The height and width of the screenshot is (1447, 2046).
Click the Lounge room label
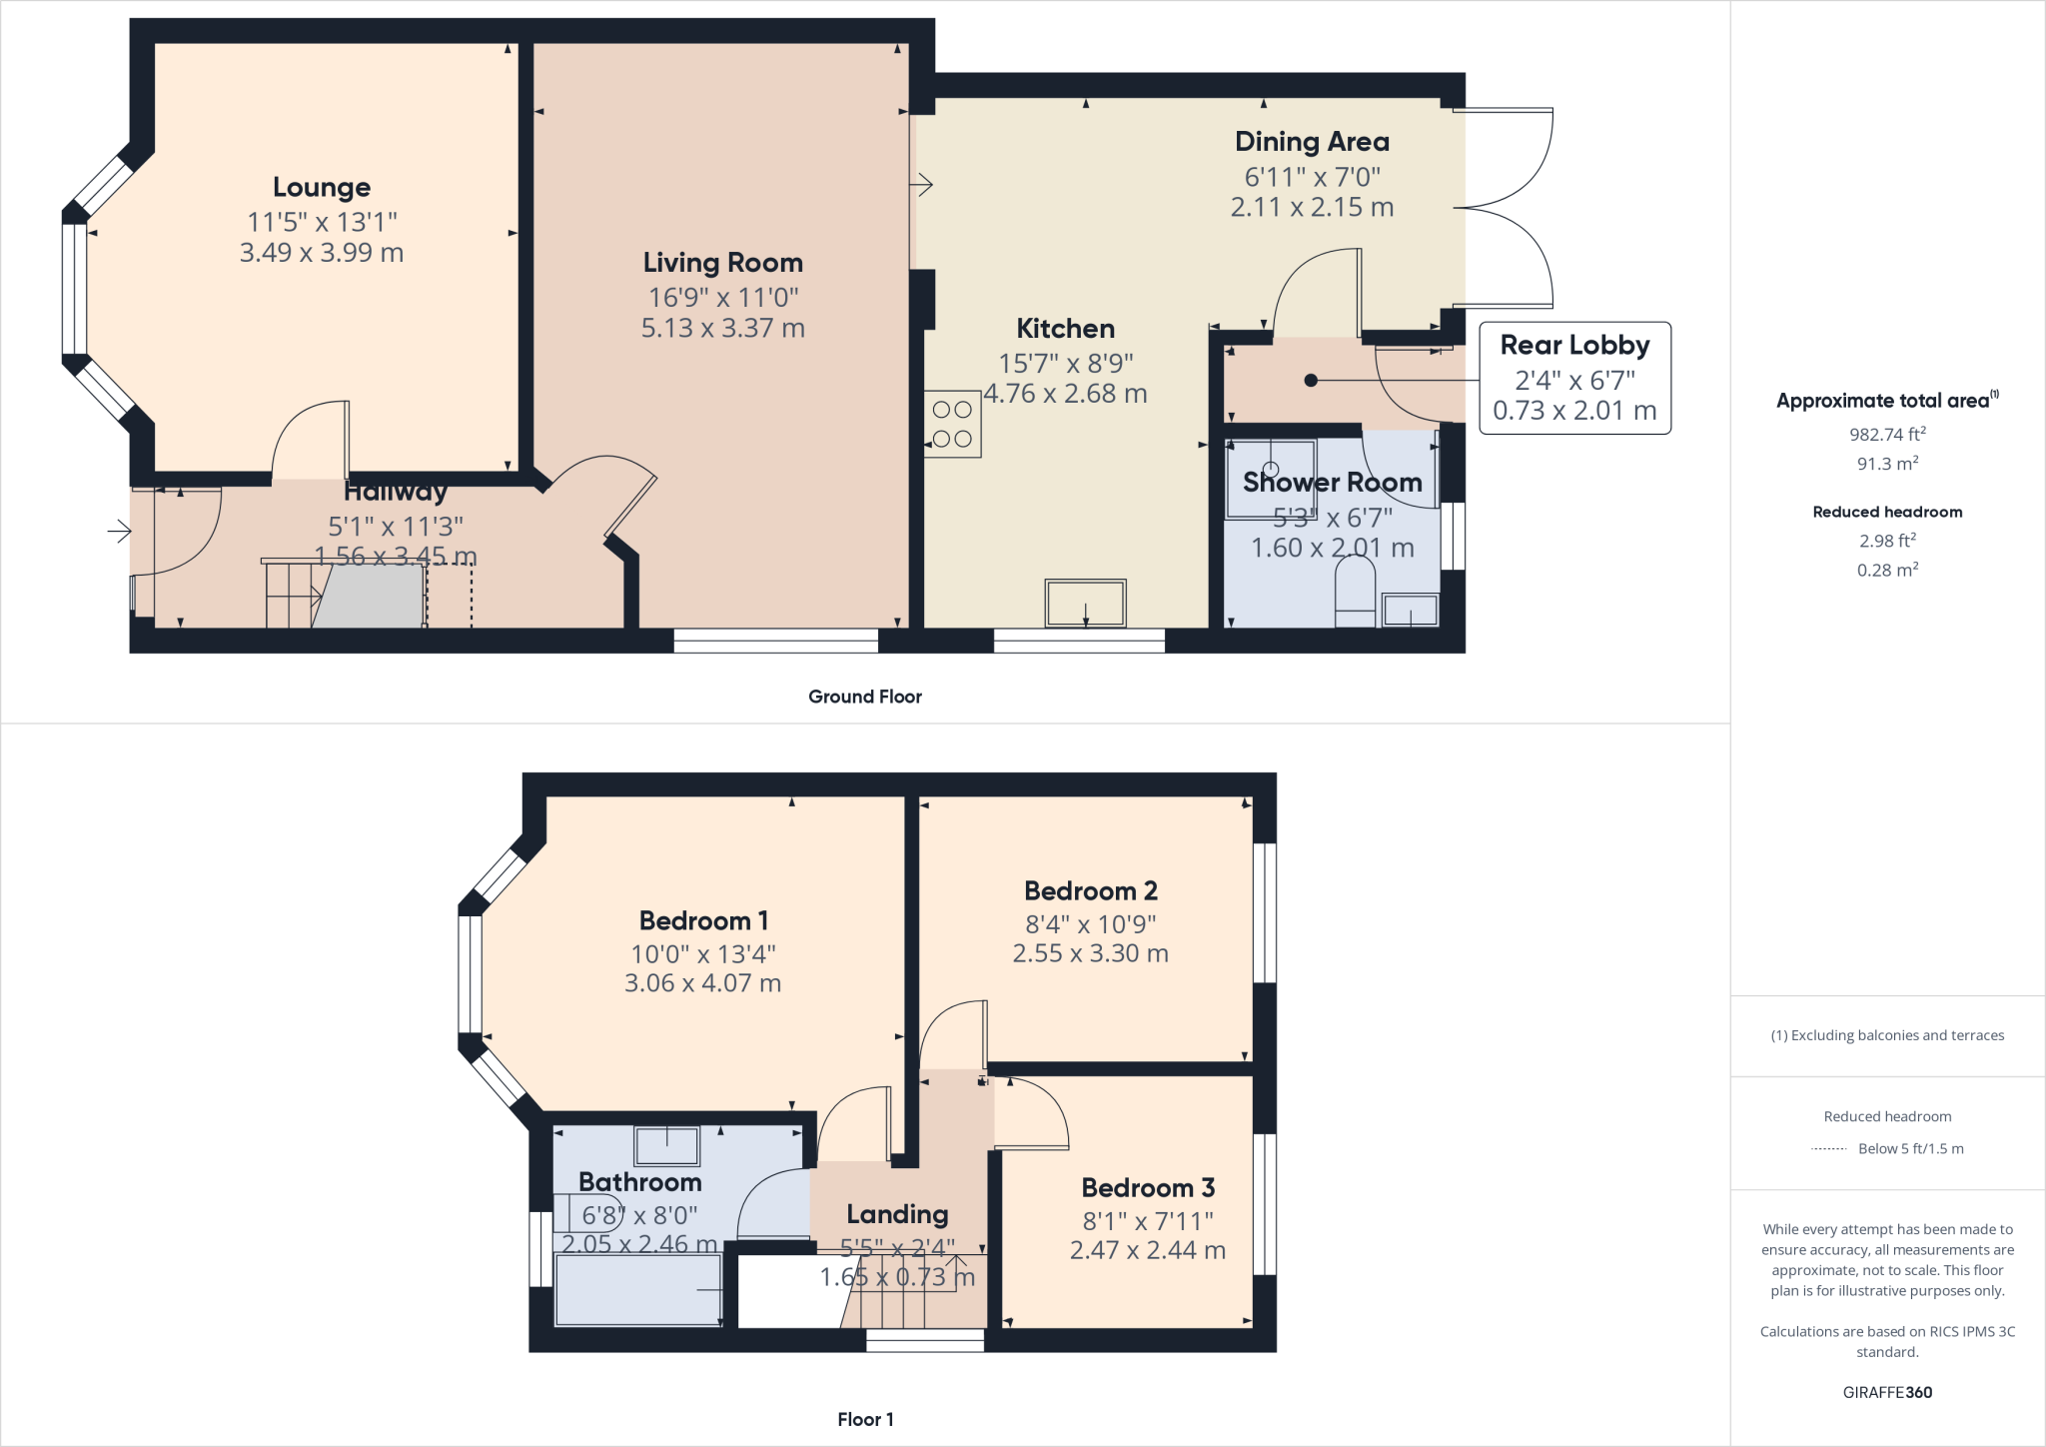click(x=322, y=187)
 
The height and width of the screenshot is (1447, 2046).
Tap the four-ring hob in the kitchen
click(x=952, y=424)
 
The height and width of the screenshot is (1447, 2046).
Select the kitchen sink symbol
click(x=1085, y=604)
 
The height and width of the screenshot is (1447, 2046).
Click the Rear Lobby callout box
click(x=1574, y=378)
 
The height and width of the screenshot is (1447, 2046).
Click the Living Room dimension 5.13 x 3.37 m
click(x=722, y=328)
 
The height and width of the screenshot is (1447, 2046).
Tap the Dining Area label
click(x=1312, y=142)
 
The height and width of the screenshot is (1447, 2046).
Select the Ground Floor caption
click(x=864, y=697)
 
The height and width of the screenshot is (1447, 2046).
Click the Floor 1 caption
click(x=865, y=1419)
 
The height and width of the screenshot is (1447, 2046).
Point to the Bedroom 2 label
click(x=1090, y=890)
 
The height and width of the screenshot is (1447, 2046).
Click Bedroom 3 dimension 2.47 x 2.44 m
click(x=1147, y=1250)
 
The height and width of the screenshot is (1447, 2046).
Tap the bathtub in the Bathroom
click(x=638, y=1289)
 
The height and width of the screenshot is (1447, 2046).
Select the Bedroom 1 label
click(x=703, y=920)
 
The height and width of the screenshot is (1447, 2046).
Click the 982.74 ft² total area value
click(x=1887, y=434)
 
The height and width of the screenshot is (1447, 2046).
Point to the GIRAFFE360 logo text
click(x=1887, y=1392)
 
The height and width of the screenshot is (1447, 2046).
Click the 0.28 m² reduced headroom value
click(x=1887, y=570)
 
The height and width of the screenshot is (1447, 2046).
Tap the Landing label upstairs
click(x=897, y=1214)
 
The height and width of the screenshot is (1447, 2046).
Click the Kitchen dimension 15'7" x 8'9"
click(x=1065, y=364)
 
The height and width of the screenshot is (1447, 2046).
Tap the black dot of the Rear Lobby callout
click(x=1311, y=380)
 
